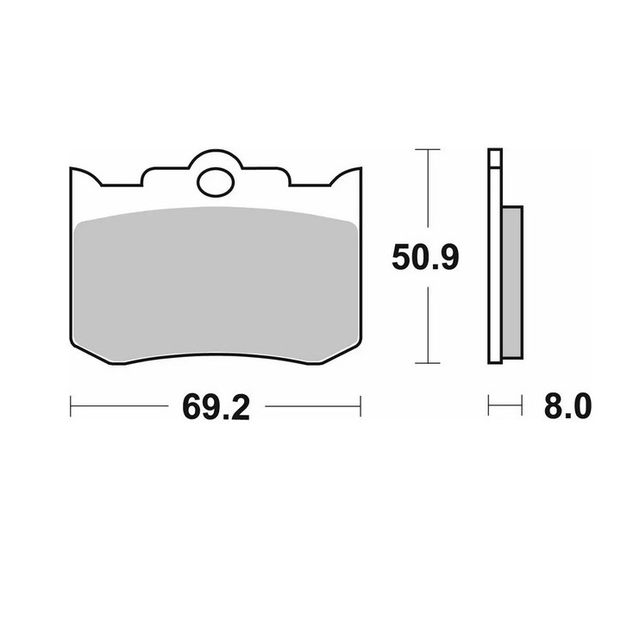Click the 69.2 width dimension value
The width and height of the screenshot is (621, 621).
tap(216, 407)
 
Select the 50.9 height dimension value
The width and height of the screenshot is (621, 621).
tap(425, 257)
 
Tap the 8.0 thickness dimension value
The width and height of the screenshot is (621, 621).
tap(568, 406)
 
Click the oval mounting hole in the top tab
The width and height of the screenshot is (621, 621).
tap(216, 182)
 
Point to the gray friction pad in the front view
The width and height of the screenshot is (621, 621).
tap(216, 285)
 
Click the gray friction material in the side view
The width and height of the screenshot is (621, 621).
tap(512, 282)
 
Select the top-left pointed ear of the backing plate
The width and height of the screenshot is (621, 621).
tap(72, 169)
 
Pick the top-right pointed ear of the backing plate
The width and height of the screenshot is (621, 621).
tap(360, 169)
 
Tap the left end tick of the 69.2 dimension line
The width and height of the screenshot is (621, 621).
tap(71, 406)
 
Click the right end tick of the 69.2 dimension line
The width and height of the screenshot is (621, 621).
tap(361, 406)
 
